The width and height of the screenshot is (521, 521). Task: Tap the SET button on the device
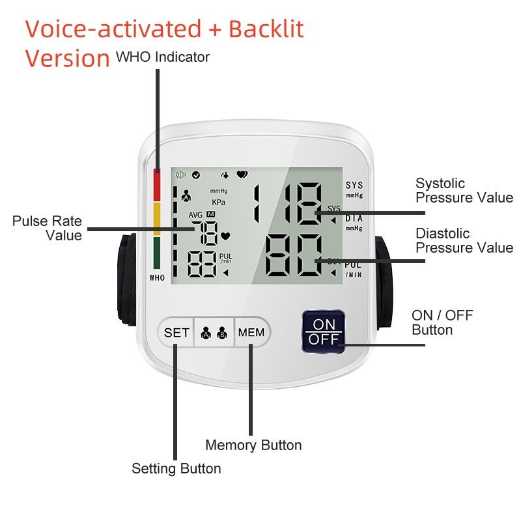pos(176,332)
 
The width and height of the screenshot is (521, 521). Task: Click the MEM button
pos(252,332)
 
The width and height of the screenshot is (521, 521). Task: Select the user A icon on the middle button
pos(206,333)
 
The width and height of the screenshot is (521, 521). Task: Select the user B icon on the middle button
pos(222,333)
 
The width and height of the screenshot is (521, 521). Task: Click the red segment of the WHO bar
pos(157,185)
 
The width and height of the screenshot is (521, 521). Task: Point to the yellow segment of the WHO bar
pos(157,219)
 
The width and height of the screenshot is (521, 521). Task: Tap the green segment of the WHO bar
pos(157,253)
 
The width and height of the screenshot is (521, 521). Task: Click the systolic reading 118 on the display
pos(288,203)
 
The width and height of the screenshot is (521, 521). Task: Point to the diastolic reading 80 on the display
pos(294,255)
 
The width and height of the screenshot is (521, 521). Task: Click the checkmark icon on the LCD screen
pos(196,175)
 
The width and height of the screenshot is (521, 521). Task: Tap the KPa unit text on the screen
pos(219,203)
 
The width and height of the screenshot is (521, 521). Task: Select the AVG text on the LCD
pos(195,215)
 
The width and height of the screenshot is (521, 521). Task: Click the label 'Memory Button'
pos(253,445)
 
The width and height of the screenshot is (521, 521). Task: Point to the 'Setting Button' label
pos(176,469)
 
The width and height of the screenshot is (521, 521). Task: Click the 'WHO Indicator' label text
pos(163,57)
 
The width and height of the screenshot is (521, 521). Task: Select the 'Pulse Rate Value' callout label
pos(47,229)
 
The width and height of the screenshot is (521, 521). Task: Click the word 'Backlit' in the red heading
pos(266,29)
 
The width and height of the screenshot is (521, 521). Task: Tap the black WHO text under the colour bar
pos(157,278)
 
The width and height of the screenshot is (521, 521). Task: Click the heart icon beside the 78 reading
pos(225,236)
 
